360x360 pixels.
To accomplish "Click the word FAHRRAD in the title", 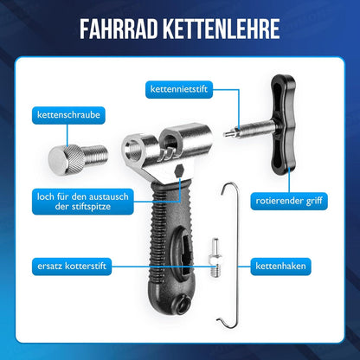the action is click(119, 29).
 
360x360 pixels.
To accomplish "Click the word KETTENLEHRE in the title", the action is click(222, 29).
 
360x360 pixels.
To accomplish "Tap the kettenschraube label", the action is click(68, 115).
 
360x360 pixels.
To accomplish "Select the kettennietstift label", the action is click(179, 89).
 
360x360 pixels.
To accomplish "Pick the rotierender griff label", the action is click(289, 201).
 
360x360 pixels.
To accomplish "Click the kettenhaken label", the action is click(280, 266).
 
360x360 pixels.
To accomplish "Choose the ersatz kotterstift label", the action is click(72, 266).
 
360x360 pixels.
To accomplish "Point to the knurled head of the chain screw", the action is click(67, 159).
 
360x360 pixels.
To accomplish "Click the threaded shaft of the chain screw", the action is click(95, 156).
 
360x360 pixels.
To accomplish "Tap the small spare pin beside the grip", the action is click(215, 258).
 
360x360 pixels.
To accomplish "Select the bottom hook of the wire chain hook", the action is click(227, 322).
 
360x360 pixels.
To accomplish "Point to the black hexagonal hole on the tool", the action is click(178, 171).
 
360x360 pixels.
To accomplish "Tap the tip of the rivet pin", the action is click(226, 134).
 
